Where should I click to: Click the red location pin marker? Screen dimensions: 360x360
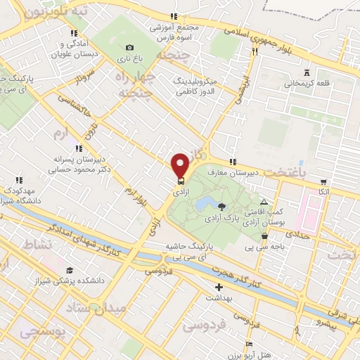[180, 165]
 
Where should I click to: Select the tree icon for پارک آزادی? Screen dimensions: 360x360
[222, 206]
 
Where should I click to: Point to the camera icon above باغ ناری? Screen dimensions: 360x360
[129, 47]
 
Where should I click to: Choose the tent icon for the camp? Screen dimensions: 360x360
[264, 201]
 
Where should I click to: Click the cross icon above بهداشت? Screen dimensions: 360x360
[219, 287]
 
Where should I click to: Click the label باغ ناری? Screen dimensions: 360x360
[129, 58]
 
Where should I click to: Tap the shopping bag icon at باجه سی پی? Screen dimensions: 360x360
[264, 236]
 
